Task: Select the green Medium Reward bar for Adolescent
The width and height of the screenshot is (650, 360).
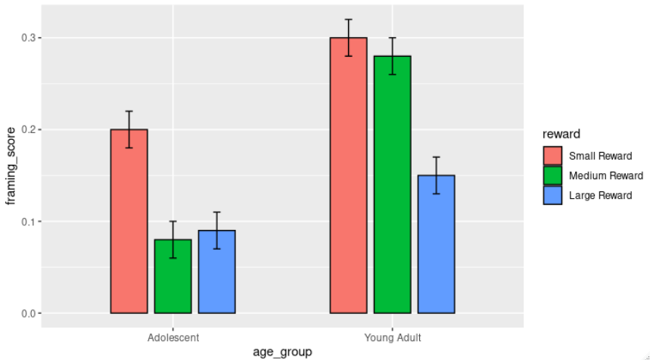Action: point(173,277)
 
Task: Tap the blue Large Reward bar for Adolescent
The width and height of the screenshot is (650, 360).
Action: point(216,272)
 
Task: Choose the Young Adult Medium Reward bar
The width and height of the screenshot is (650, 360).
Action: point(392,185)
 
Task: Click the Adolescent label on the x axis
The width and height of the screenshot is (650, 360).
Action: point(173,337)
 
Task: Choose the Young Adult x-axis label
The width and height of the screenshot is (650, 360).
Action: point(393,337)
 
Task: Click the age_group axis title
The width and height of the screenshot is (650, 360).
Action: point(282,352)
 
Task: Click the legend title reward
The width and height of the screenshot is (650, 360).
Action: point(561,134)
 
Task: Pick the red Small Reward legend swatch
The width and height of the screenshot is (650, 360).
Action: point(553,156)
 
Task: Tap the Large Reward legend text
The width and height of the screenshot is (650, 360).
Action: point(600,195)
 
